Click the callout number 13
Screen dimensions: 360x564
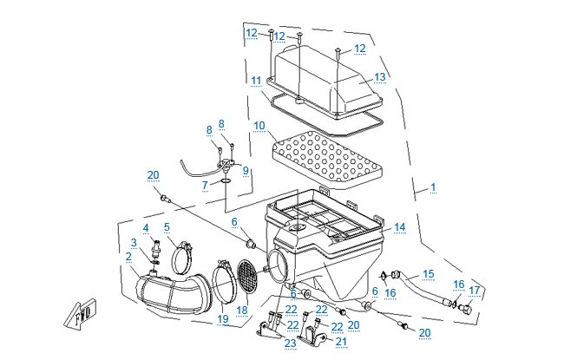(379, 77)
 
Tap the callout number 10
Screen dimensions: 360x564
(259, 126)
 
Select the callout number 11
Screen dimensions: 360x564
(256, 81)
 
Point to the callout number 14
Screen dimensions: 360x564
(399, 227)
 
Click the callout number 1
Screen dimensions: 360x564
(432, 187)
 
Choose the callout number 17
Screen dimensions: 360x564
(474, 290)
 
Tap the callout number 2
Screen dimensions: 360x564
(128, 256)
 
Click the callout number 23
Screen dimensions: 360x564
(289, 343)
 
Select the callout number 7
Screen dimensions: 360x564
(205, 186)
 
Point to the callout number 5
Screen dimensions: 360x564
(167, 227)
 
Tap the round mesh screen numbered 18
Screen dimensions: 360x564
(246, 275)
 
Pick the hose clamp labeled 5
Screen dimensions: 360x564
(184, 257)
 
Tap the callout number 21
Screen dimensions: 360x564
(341, 341)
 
